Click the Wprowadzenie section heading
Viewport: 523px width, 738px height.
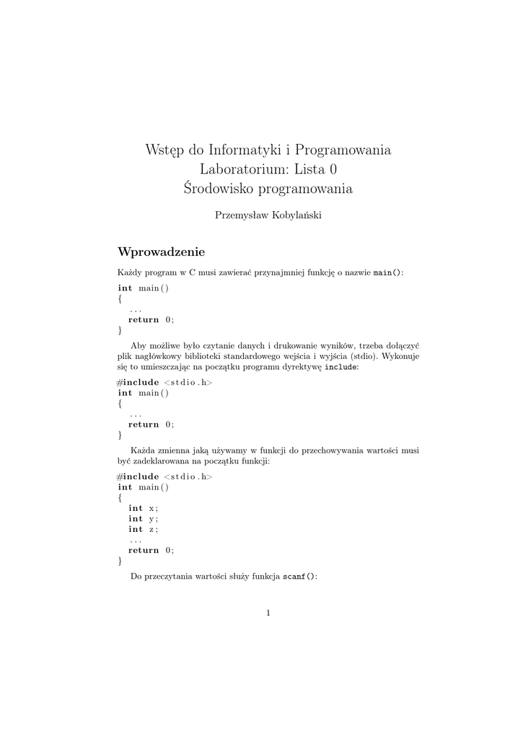pos(161,252)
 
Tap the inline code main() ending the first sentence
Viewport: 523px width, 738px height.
pos(387,273)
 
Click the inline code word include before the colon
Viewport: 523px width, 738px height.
pos(340,367)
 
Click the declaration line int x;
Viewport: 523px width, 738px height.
pos(143,508)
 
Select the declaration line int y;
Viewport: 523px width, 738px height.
pos(143,519)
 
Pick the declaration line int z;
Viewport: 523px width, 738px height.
pos(143,529)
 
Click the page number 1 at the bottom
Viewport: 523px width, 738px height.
pos(268,613)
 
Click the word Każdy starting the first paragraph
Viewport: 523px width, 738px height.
pos(130,273)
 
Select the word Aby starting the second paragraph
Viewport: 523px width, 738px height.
pos(138,345)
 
